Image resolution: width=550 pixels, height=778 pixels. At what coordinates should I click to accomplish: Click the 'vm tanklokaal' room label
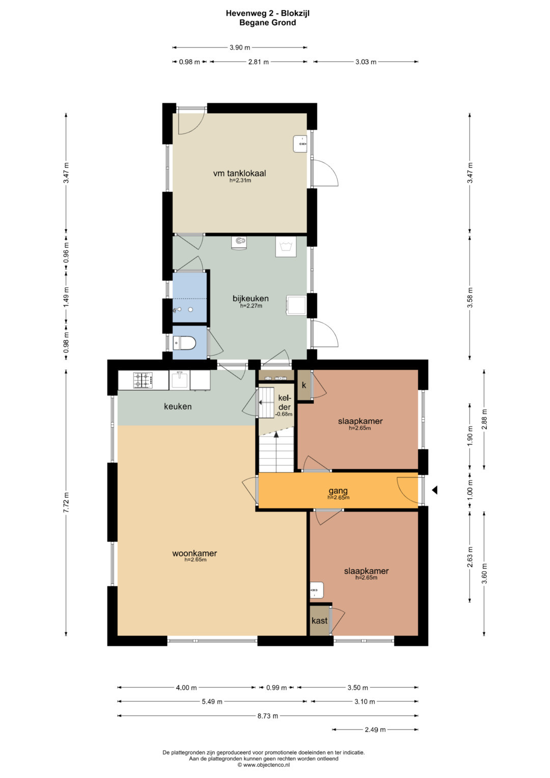239,173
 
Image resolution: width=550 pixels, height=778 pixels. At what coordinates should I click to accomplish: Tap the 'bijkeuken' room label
251,298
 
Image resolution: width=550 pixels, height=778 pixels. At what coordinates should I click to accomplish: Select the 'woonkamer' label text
195,553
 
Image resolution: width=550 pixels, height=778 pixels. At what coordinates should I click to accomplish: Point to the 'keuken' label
178,407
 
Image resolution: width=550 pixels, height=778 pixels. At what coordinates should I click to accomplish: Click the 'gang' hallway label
338,491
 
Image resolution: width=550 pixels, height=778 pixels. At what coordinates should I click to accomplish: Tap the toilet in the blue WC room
185,343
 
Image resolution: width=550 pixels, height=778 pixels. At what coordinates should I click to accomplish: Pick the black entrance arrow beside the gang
434,490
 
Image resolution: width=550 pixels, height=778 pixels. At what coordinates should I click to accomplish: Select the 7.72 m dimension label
66,502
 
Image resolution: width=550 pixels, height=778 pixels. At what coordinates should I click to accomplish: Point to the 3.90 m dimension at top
240,47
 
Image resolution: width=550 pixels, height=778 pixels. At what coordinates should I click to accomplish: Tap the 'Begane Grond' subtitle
268,22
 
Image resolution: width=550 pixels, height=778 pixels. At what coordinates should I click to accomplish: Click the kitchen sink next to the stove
179,380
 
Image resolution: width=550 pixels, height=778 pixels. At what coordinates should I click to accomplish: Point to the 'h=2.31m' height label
240,180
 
